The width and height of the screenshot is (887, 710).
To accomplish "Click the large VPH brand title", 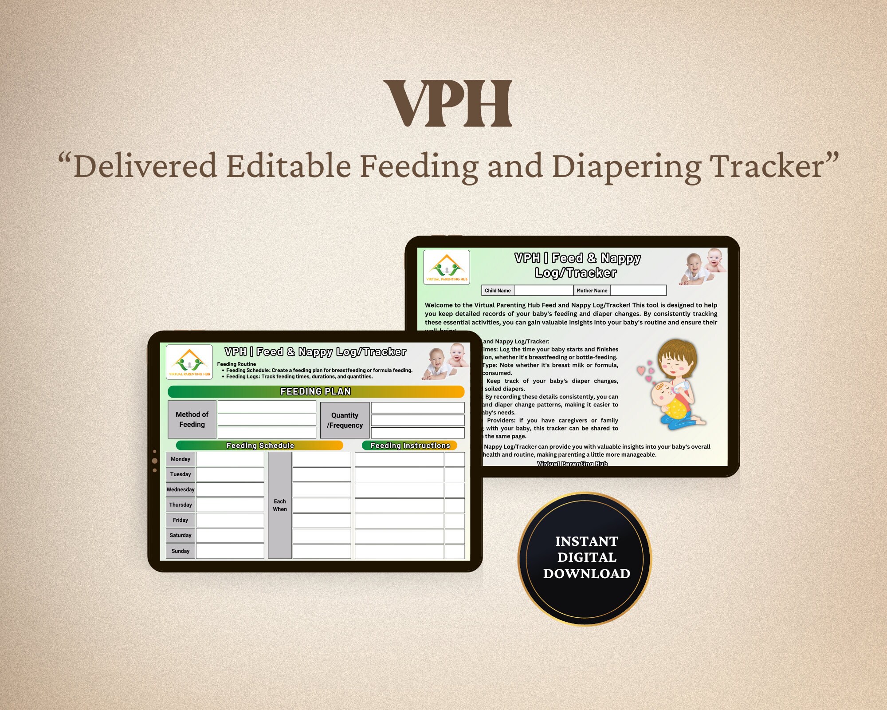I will [448, 104].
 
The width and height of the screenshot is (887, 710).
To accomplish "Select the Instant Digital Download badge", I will [586, 558].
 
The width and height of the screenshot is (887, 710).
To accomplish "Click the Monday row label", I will [181, 459].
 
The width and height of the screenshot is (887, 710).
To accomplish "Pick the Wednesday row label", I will [181, 489].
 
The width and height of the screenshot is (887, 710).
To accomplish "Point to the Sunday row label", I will [181, 551].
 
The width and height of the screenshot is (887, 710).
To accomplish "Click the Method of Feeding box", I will [192, 419].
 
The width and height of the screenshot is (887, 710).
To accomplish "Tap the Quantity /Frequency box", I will [345, 420].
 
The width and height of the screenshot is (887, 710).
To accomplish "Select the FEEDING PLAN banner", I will [316, 391].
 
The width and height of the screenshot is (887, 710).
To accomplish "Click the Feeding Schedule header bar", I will [260, 446].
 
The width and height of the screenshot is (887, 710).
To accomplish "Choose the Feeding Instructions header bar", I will [410, 446].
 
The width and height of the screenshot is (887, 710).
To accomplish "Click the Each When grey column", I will [280, 505].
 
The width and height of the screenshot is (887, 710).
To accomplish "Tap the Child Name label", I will [498, 291].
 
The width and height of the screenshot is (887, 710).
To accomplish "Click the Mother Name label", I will [592, 291].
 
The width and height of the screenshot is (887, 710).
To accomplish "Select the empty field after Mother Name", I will [638, 291].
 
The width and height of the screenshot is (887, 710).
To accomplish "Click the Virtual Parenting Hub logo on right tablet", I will [447, 267].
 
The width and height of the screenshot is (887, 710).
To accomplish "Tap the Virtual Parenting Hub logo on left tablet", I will [189, 362].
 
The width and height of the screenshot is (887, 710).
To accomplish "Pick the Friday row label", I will [181, 520].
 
